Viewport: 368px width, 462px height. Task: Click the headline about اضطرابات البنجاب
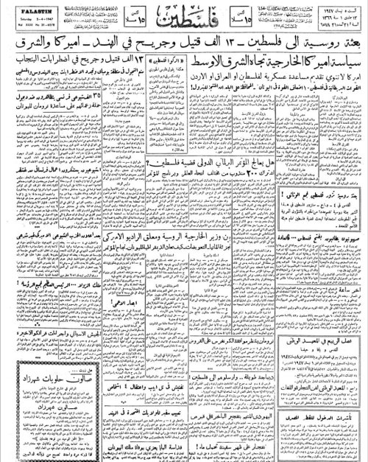(x=59, y=74)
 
